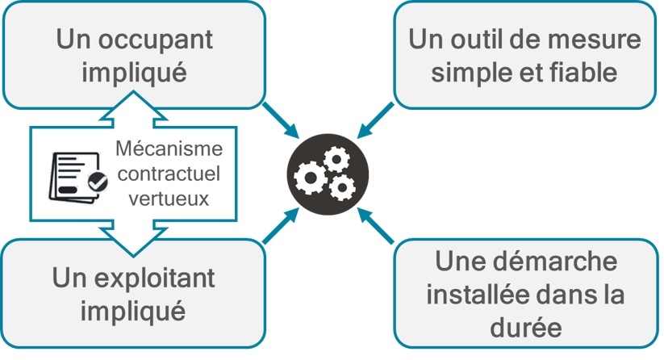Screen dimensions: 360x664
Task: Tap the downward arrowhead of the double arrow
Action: [134, 243]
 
